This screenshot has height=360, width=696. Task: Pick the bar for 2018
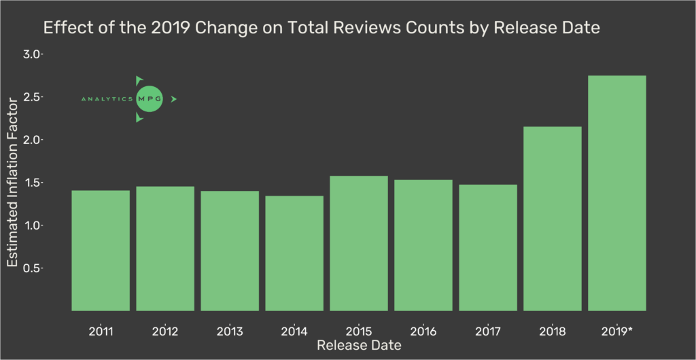coord(552,218)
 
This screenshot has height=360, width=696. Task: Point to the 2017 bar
coord(487,247)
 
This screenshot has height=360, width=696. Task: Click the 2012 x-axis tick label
coord(164,332)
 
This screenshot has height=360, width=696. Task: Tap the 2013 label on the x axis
coord(229,332)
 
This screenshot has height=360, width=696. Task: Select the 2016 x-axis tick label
coord(423,332)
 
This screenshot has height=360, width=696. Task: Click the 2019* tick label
coord(618,332)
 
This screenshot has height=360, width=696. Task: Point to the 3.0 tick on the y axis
coord(31,54)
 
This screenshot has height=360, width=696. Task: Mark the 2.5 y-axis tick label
coord(31,97)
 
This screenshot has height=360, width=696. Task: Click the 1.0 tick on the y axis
coord(31,226)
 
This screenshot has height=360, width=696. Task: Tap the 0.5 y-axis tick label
coord(31,268)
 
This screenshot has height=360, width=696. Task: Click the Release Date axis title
coord(358,346)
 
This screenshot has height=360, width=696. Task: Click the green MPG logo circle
coord(150,99)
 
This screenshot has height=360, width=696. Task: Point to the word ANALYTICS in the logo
coord(107,99)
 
